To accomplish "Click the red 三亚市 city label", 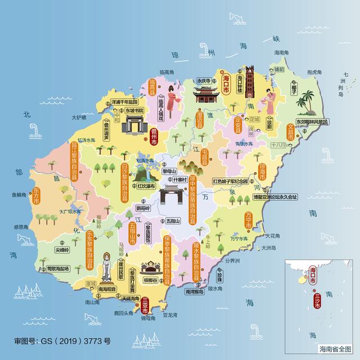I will tap(146, 304).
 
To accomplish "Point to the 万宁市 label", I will tap(248, 220).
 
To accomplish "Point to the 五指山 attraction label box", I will tap(173, 221).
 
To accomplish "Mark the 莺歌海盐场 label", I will tap(58, 269).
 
